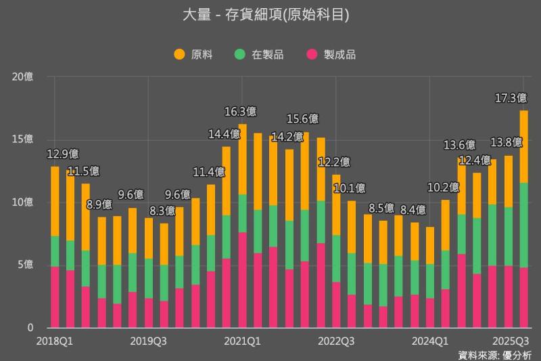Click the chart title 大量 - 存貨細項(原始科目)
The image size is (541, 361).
coord(270,14)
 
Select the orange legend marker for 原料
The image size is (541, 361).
coord(179,54)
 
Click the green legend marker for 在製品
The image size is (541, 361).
coord(239,54)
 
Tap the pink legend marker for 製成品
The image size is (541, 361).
coord(312,54)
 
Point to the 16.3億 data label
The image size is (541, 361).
coord(241,111)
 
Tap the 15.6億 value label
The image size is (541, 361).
coord(303,119)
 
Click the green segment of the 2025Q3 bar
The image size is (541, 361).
coord(523,225)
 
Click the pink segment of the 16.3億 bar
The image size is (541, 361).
coord(242,280)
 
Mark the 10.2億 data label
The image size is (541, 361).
coord(444,188)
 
